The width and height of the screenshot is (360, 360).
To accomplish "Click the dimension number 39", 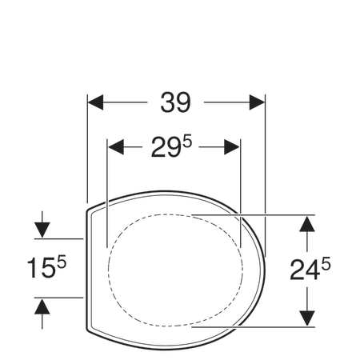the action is (x=175, y=102).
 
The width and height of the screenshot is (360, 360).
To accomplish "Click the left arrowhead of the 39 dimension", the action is (x=95, y=102).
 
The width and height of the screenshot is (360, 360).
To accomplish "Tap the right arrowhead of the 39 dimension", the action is (x=257, y=102).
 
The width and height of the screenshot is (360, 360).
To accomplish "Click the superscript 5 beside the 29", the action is (x=187, y=142).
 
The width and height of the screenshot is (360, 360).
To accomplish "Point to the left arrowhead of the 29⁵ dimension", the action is (x=116, y=147).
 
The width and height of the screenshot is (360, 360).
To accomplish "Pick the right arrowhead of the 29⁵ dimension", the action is (x=232, y=147).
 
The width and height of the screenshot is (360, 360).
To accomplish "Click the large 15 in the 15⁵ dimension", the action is (x=41, y=268).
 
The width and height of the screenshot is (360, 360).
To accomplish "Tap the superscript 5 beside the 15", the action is (x=62, y=262).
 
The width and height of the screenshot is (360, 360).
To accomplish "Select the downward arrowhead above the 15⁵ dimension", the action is (x=42, y=230).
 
